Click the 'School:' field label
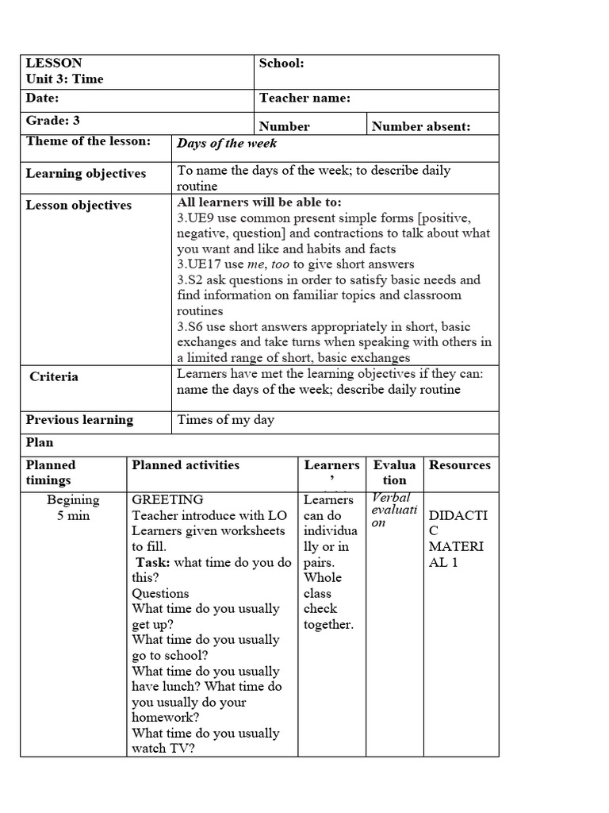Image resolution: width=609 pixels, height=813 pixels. tap(282, 64)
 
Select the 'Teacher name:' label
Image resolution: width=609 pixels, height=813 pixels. tap(304, 98)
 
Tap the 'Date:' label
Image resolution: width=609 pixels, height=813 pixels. tap(43, 98)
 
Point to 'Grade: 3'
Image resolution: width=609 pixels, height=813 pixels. tap(53, 121)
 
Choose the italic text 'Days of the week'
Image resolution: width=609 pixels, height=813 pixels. tap(227, 144)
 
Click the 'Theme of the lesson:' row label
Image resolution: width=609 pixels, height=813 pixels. tap(88, 141)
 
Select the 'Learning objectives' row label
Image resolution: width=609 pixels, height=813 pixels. tap(86, 174)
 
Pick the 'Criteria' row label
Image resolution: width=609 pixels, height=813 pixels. tap(54, 376)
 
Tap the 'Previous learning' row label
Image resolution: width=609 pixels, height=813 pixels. tap(79, 420)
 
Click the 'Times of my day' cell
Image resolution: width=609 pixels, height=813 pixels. tap(225, 420)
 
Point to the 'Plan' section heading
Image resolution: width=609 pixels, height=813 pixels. tap(40, 442)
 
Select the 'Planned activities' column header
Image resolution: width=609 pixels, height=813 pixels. tap(186, 465)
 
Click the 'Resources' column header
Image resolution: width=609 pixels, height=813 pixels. tap(460, 465)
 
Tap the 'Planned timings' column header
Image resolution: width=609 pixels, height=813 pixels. tap(51, 472)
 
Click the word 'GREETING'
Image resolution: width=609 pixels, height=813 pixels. tap(167, 500)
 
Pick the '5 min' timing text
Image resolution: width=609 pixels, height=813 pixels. tap(73, 516)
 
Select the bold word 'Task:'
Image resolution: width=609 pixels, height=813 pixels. tap(153, 563)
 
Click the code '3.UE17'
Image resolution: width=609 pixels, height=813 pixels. tap(199, 264)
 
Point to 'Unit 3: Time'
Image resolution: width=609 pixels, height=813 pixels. tap(65, 79)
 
